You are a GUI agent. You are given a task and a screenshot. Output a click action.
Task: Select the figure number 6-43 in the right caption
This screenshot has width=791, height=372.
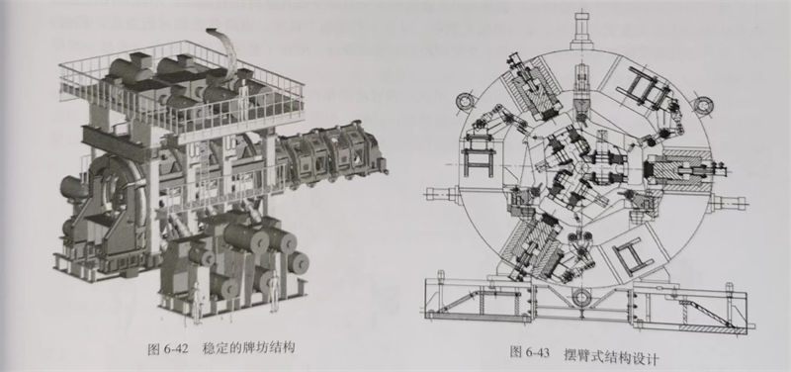[536, 353]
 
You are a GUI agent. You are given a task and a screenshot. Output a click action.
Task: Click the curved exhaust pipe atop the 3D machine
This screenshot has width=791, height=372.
[223, 45]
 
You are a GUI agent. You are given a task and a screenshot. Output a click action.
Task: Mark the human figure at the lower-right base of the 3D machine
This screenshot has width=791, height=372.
[270, 293]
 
